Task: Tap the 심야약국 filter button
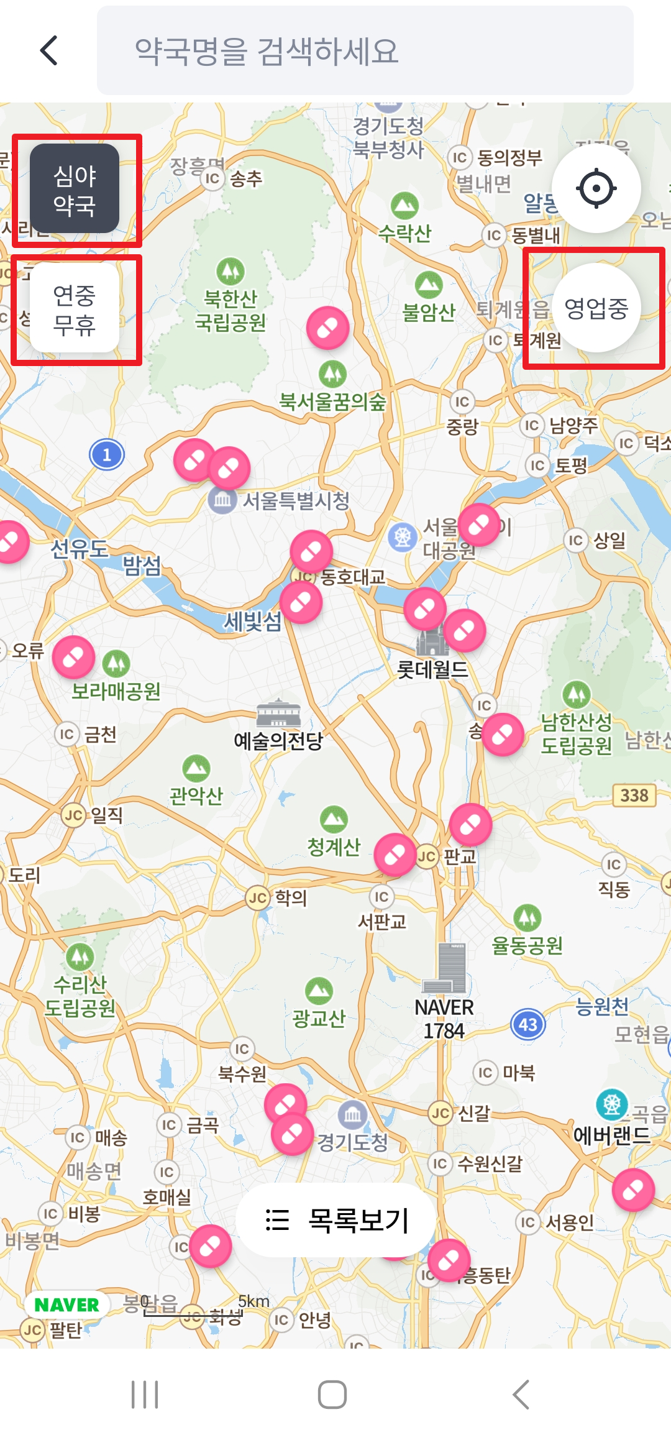[75, 189]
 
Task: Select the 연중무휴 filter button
[75, 308]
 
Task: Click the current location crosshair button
[596, 188]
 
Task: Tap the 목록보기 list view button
[336, 1219]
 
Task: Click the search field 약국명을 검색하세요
[365, 50]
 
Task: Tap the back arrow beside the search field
[49, 50]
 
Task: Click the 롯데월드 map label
[432, 669]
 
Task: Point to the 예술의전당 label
[278, 740]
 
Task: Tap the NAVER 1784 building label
[444, 1019]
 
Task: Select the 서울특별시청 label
[296, 500]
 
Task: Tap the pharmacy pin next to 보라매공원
[73, 656]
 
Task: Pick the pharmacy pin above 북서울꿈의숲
[327, 328]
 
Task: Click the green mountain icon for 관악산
[196, 769]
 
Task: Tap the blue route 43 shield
[528, 1024]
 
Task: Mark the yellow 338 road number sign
[634, 795]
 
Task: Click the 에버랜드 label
[611, 1135]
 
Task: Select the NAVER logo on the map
[66, 1305]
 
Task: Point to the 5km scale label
[253, 1301]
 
